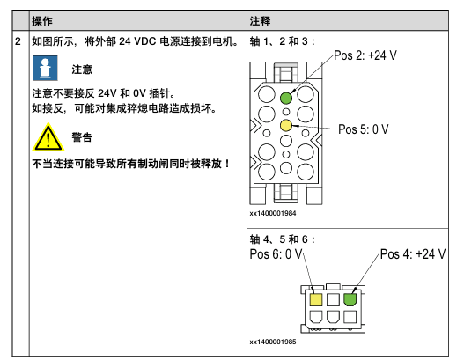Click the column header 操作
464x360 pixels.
(x=42, y=21)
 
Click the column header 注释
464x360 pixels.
(x=260, y=21)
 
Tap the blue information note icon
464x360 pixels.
(x=45, y=68)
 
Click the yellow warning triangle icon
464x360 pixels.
(x=48, y=138)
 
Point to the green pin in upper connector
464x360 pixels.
(x=286, y=99)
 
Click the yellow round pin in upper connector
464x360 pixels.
(x=286, y=125)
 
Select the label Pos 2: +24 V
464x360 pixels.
(x=365, y=55)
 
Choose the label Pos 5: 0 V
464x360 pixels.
(x=364, y=129)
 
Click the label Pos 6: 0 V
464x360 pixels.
(x=276, y=254)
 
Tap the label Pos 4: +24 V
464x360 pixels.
(x=413, y=254)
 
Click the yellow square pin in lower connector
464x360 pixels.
(x=316, y=299)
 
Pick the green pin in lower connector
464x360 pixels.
(x=350, y=299)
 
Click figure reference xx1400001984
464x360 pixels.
(x=273, y=213)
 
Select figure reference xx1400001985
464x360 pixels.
(x=273, y=342)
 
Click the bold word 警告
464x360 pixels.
(x=82, y=137)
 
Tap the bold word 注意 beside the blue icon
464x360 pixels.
(x=82, y=70)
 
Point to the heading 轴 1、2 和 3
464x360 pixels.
(x=282, y=41)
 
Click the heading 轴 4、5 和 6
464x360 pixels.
(x=282, y=239)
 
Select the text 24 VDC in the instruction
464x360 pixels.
(x=137, y=41)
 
